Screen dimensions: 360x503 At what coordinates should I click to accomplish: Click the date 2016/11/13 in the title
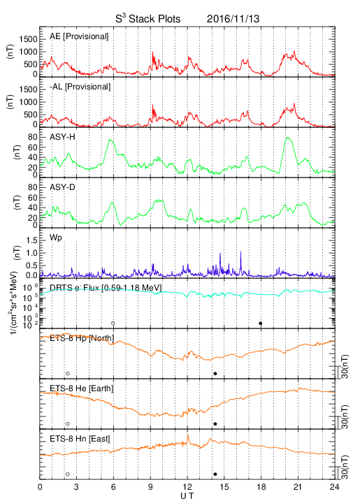pyautogui.click(x=233, y=19)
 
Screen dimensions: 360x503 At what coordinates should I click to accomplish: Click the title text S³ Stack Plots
pyautogui.click(x=148, y=18)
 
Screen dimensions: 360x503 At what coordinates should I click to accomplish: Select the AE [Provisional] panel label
pyautogui.click(x=79, y=36)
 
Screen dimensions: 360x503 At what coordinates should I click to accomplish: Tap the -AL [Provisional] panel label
pyautogui.click(x=80, y=87)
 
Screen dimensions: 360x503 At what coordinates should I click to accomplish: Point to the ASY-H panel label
pyautogui.click(x=62, y=137)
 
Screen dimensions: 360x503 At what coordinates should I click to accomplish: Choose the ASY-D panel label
pyautogui.click(x=62, y=187)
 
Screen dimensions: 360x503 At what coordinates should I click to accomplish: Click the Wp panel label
pyautogui.click(x=55, y=238)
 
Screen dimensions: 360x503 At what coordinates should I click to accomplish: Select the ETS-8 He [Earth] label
pyautogui.click(x=82, y=388)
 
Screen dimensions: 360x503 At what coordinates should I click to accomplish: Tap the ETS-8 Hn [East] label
pyautogui.click(x=80, y=439)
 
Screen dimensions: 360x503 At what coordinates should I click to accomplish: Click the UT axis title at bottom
pyautogui.click(x=187, y=496)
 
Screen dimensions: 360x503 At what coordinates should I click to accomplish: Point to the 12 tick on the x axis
pyautogui.click(x=187, y=487)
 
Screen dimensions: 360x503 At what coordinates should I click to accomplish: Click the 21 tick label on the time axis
pyautogui.click(x=298, y=487)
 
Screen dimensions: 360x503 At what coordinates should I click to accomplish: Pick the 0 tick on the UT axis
pyautogui.click(x=40, y=487)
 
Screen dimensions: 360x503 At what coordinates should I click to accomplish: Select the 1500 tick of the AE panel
pyautogui.click(x=29, y=39)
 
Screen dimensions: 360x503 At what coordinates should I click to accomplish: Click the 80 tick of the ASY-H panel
pyautogui.click(x=33, y=138)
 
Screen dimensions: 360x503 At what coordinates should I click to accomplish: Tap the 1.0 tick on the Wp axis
pyautogui.click(x=31, y=253)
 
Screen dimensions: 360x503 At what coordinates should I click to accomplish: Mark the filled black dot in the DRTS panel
pyautogui.click(x=261, y=323)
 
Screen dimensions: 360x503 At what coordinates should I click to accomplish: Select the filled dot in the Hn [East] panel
pyautogui.click(x=215, y=474)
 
